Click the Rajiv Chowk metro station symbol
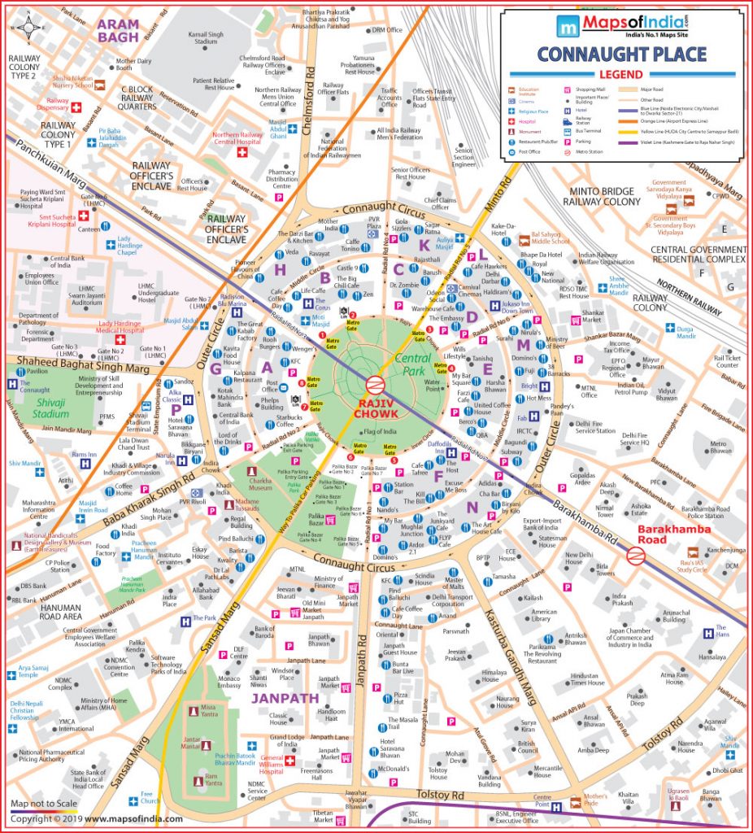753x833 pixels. (x=374, y=385)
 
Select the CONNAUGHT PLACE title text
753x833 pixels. (x=621, y=55)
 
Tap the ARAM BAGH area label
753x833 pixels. (x=119, y=30)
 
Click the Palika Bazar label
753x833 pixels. (x=317, y=521)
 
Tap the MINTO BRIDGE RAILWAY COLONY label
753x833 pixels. (x=601, y=195)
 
